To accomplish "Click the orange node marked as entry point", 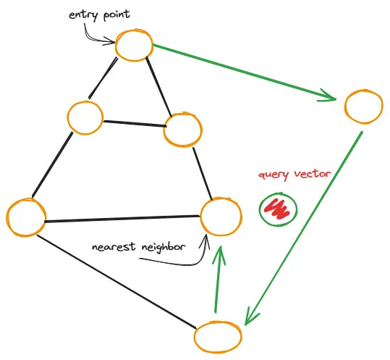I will click(135, 46).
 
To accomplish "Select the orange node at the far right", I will click(363, 107).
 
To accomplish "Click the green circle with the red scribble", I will click(278, 209).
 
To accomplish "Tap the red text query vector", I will click(294, 175).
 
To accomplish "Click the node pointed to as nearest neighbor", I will click(220, 216).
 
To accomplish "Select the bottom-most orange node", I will click(219, 338).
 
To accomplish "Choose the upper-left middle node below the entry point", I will click(85, 118).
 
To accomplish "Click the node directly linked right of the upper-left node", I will click(182, 129).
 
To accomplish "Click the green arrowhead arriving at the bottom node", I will click(250, 317).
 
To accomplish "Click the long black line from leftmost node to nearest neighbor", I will click(123, 218).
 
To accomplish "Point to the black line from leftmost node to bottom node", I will click(116, 279).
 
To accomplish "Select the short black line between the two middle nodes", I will click(134, 123).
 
